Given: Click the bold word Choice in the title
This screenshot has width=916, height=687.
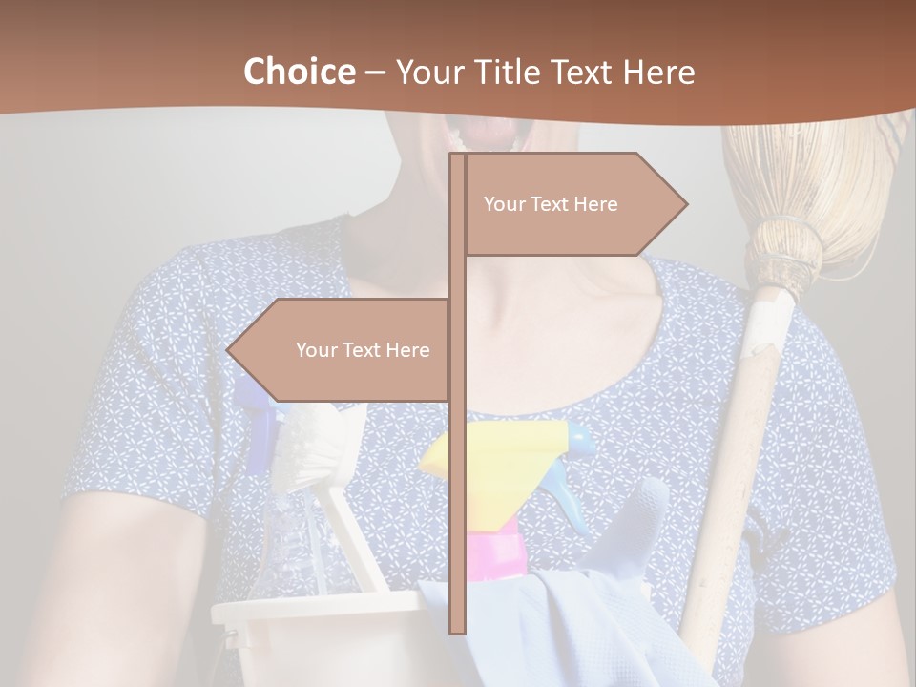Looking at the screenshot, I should (299, 72).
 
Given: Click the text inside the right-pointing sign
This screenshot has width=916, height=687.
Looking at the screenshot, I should (551, 204).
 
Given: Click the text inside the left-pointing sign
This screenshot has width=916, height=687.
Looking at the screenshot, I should (363, 350).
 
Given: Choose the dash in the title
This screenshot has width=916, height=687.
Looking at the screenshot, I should (375, 73).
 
